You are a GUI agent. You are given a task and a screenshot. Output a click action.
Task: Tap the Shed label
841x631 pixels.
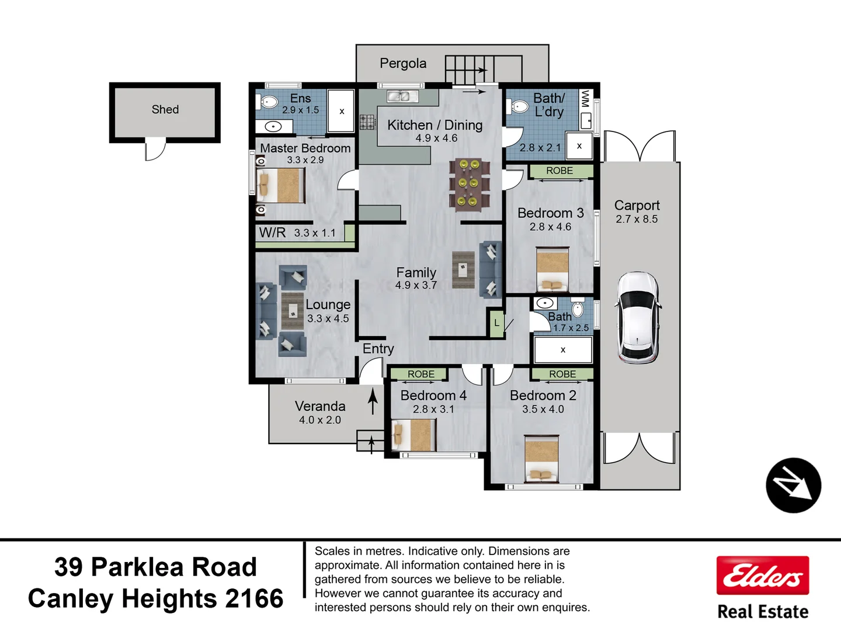pos(165,110)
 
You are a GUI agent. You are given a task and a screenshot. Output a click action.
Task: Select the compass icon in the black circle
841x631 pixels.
pos(793,486)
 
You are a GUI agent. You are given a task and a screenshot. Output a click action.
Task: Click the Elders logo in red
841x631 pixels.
pos(762,575)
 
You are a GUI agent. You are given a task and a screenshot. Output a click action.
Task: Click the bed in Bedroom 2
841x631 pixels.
pos(541,458)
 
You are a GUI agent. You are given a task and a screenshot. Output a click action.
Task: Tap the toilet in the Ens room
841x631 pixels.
pos(267,102)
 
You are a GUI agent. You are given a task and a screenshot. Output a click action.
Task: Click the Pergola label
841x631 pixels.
pos(403,64)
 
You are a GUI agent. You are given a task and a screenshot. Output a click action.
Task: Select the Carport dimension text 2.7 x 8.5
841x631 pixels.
pos(637,219)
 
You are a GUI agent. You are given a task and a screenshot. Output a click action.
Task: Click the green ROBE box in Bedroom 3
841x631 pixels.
pos(560,171)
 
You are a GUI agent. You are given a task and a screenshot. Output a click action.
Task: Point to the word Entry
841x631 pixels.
pos(378,349)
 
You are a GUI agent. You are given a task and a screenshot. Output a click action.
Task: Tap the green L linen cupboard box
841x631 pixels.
pos(496,323)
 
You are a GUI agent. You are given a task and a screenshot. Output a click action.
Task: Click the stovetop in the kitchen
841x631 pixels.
pos(367,122)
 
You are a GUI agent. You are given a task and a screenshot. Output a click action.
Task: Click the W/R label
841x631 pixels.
pos(272,233)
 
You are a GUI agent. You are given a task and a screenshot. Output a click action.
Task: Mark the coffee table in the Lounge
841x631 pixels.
pos(293,311)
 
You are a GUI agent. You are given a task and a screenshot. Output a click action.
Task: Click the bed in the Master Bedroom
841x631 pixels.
pos(281,185)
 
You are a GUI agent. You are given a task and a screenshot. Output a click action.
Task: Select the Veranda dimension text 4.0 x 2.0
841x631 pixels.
pos(320,420)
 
